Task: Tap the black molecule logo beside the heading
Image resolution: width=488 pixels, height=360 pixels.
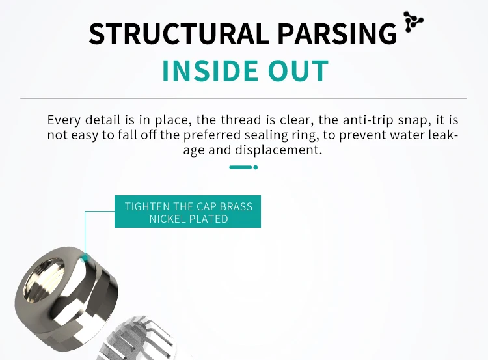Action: coord(413,21)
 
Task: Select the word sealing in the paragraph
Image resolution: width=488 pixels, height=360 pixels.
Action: coord(287,135)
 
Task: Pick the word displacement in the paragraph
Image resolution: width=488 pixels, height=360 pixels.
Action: coord(276,150)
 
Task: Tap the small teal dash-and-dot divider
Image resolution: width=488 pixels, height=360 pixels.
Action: coord(243,167)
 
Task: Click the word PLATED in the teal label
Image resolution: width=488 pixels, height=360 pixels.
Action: coord(210,219)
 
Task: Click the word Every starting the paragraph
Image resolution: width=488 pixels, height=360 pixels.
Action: coord(64,120)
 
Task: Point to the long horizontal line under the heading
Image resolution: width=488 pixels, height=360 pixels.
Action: coord(243,98)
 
